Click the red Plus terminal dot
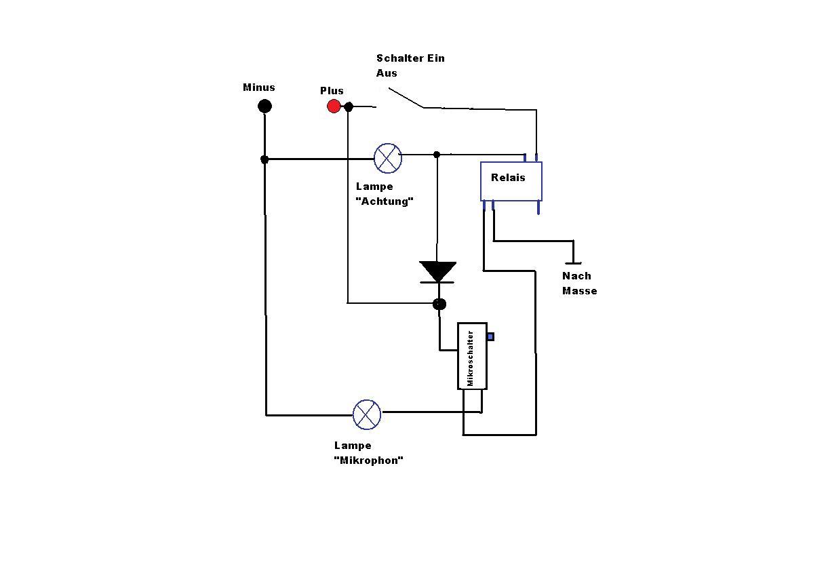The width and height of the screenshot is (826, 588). (x=334, y=106)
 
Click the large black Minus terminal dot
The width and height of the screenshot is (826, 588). (x=264, y=106)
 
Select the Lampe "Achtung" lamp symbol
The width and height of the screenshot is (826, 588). (x=388, y=158)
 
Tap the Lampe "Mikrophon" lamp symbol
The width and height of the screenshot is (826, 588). (x=367, y=414)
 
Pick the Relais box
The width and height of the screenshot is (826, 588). (x=511, y=181)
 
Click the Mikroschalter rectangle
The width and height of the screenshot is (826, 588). (x=473, y=356)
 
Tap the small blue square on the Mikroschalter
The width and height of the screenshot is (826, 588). (x=491, y=336)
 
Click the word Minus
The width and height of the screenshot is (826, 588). (x=259, y=87)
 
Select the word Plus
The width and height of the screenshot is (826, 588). (x=332, y=91)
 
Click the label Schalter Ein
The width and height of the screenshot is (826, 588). (x=410, y=58)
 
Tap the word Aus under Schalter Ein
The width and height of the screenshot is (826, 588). (x=387, y=73)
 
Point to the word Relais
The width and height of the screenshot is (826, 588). (x=508, y=178)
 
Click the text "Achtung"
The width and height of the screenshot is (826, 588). (x=385, y=201)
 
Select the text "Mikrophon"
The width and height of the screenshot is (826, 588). (x=368, y=460)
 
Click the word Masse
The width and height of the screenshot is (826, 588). (x=580, y=291)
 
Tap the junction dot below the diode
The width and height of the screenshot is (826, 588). (x=439, y=304)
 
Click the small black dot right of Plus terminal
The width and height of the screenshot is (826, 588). (x=349, y=107)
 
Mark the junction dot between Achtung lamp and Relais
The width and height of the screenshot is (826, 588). (x=437, y=155)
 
